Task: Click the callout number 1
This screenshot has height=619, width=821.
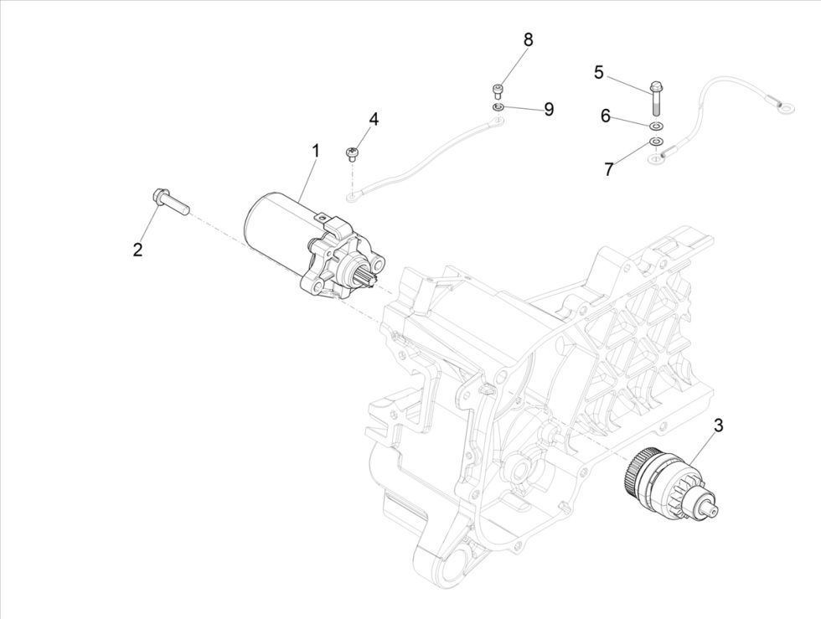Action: coord(316,152)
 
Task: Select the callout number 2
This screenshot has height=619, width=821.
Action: coord(138,249)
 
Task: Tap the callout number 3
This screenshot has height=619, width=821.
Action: coord(718,426)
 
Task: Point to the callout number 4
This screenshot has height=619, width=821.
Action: coord(374,119)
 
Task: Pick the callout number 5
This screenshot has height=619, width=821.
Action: coord(598,72)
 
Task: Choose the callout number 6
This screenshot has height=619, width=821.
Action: coord(605,116)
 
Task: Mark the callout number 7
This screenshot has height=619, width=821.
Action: coord(609,168)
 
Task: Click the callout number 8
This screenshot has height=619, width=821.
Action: coord(528,39)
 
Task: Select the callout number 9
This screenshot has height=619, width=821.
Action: coord(549,109)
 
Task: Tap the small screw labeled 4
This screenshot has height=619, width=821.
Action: coord(352,152)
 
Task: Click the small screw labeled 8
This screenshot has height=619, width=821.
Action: coord(498,89)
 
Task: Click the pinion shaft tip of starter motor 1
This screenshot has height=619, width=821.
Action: coord(370,271)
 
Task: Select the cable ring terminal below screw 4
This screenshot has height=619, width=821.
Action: coord(354,198)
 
